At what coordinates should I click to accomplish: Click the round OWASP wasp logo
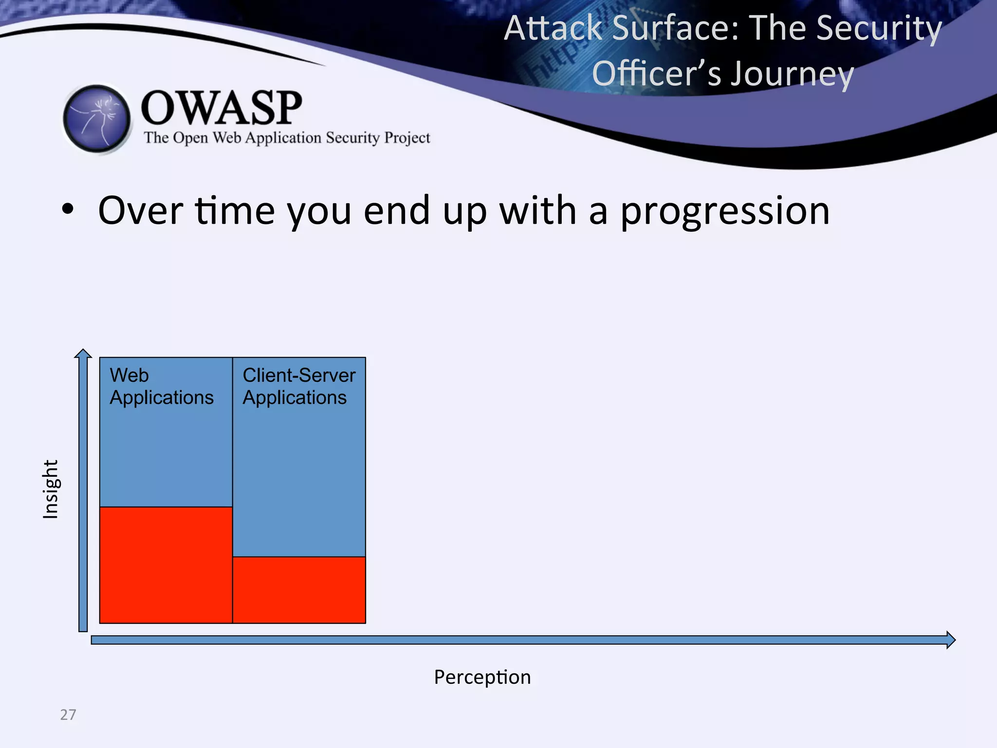tap(97, 119)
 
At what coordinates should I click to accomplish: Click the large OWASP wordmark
tap(222, 108)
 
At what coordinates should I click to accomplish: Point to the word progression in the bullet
tap(725, 211)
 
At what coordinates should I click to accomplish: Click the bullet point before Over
tap(68, 210)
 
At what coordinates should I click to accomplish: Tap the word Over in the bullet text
tap(140, 211)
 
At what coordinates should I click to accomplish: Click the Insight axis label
tap(51, 489)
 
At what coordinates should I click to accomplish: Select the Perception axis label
tap(482, 677)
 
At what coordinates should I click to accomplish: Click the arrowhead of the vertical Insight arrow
tap(83, 354)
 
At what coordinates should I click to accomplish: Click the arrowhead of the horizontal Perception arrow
tap(950, 639)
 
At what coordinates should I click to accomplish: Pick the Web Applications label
tap(161, 386)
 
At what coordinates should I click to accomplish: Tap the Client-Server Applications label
tap(298, 386)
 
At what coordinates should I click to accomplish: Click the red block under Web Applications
tap(166, 565)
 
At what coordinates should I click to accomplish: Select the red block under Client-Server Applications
tap(299, 590)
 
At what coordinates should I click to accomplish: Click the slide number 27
tap(68, 714)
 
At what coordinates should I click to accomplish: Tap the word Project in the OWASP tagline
tap(407, 138)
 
